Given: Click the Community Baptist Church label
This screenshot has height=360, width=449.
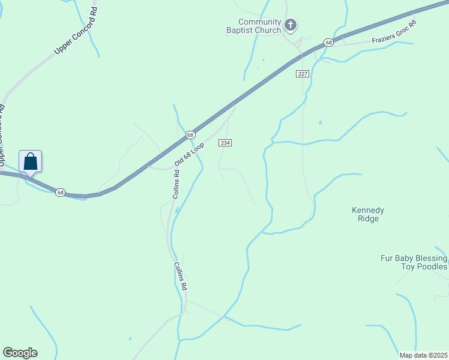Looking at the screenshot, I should pos(259,26).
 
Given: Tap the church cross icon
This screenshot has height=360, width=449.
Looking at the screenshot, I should pos(291,25).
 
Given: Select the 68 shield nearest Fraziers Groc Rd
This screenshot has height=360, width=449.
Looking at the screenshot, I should pos(328,43).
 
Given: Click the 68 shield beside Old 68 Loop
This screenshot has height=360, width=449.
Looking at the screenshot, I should pos(190,134).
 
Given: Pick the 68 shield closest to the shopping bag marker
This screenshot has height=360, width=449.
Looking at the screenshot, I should pos(60,192).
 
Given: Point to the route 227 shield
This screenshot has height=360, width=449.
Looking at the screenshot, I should pos(302,73).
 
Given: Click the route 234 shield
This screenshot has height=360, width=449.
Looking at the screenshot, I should pos(224,143).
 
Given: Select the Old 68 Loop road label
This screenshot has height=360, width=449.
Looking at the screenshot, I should pos(190,154).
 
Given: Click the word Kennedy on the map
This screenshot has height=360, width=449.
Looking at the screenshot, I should pos(367,211).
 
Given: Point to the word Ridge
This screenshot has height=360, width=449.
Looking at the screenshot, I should pos(367,219).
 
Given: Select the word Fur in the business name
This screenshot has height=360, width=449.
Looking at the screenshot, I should pos(387,259).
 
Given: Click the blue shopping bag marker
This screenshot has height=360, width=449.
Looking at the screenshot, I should pos(31,162).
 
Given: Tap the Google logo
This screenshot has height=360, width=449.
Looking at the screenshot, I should pos(20,353).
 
